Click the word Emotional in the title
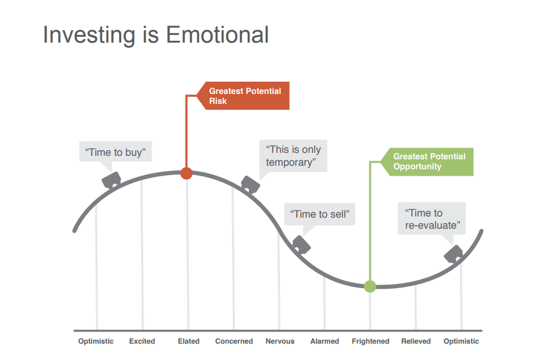pos(217,35)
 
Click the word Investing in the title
pos(89,36)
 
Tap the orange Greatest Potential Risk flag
pos(243,96)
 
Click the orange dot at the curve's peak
pos(186,173)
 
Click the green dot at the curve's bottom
pos(370,286)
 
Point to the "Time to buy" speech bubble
pos(115,152)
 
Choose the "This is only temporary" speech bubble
pos(293,156)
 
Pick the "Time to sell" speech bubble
pos(320,214)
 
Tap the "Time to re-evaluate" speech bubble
pos(432,218)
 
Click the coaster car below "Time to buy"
pos(111,180)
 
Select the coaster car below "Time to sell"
pos(301,244)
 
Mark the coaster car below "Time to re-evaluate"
pos(453,254)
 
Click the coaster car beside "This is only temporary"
pos(251,184)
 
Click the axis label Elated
pos(189,341)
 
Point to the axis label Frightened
pos(370,341)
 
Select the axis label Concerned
pos(234,341)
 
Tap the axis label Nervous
pos(280,341)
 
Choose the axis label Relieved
pos(416,341)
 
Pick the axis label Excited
pos(142,341)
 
